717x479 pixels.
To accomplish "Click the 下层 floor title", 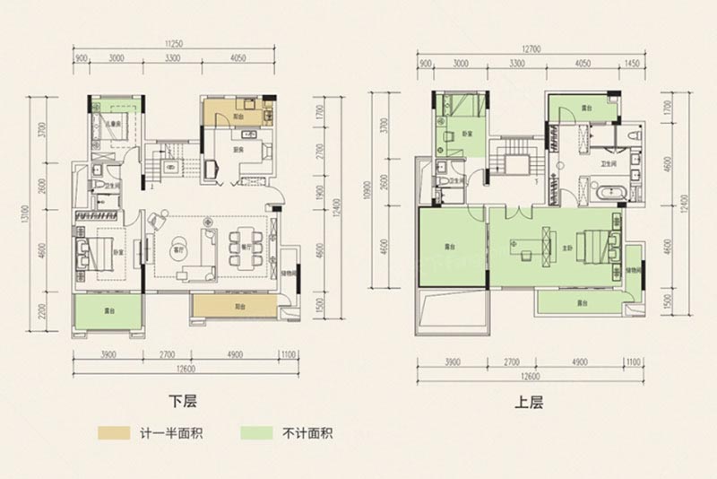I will (x=184, y=402).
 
